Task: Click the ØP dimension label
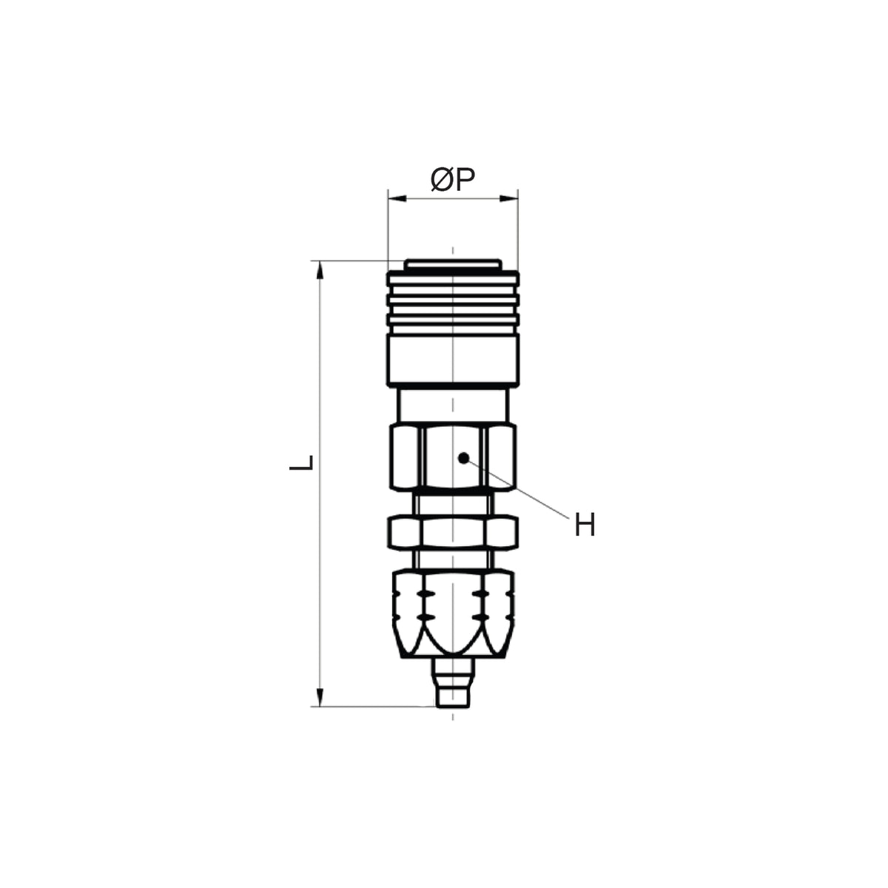pyautogui.click(x=452, y=180)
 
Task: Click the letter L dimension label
pyautogui.click(x=301, y=462)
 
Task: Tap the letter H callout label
pyautogui.click(x=585, y=525)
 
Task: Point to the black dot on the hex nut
pyautogui.click(x=463, y=457)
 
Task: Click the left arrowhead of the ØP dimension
pyautogui.click(x=397, y=198)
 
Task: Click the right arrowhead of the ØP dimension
pyautogui.click(x=508, y=198)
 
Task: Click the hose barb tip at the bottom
pyautogui.click(x=453, y=696)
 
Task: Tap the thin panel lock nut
pyautogui.click(x=454, y=533)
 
